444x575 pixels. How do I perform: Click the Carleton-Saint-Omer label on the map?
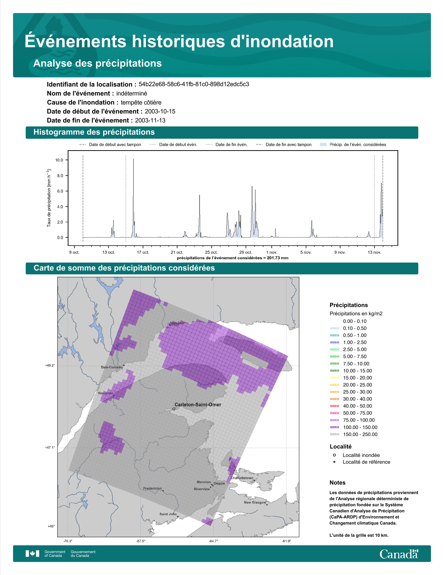pyautogui.click(x=198, y=405)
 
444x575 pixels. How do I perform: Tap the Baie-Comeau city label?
pyautogui.click(x=112, y=367)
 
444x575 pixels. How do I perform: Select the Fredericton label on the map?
pyautogui.click(x=153, y=488)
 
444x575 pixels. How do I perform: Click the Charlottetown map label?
pyautogui.click(x=242, y=478)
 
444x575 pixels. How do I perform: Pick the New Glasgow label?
pyautogui.click(x=255, y=502)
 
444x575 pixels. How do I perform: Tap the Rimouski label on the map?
pyautogui.click(x=105, y=393)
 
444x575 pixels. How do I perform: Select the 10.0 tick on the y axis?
pyautogui.click(x=59, y=160)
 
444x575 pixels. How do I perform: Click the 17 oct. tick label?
pyautogui.click(x=143, y=252)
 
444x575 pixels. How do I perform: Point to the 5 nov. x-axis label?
pyautogui.click(x=306, y=252)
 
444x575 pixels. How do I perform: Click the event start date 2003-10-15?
pyautogui.click(x=160, y=111)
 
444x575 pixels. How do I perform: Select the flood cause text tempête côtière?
pyautogui.click(x=141, y=102)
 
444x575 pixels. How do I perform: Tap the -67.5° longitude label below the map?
pyautogui.click(x=141, y=541)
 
